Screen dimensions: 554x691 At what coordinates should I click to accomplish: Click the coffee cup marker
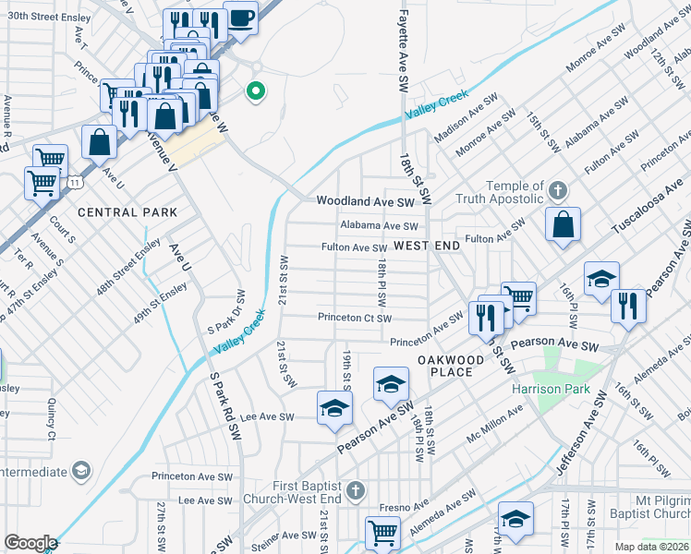(240, 19)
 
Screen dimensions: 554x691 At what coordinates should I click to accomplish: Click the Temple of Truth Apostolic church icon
(556, 191)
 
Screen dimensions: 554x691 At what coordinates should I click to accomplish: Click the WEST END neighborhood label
(426, 247)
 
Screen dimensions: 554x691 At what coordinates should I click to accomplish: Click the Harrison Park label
(552, 389)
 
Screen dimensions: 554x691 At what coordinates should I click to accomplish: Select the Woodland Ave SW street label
(365, 201)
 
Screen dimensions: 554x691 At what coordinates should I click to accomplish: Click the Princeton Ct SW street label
(356, 319)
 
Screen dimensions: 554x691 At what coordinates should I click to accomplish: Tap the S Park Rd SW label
(224, 407)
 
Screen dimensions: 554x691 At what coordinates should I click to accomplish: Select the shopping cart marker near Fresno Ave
(382, 532)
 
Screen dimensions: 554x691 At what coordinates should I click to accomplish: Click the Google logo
(30, 543)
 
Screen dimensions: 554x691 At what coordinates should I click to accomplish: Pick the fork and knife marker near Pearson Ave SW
(628, 305)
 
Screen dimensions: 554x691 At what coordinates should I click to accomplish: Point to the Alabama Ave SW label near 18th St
(379, 226)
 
